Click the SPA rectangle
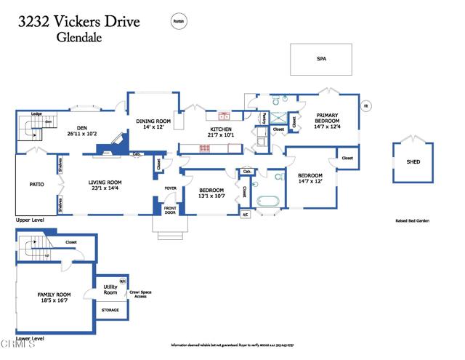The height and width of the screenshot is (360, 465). (320, 59)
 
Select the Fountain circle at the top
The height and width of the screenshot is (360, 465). (179, 23)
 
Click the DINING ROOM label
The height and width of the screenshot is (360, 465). (153, 121)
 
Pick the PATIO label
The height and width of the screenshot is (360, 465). (36, 185)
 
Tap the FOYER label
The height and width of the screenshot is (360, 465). (171, 188)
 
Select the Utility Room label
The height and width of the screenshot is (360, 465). (110, 289)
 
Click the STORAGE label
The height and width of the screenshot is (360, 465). (110, 310)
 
